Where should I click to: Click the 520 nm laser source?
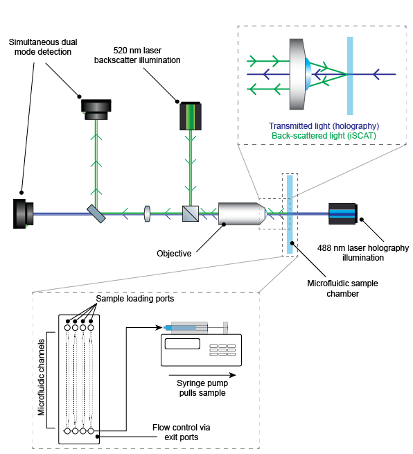(x=191, y=116)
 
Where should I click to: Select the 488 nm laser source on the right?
(x=343, y=213)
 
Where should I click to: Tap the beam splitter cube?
(x=191, y=213)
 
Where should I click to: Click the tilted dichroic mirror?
(x=96, y=213)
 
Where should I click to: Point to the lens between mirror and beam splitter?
(x=147, y=213)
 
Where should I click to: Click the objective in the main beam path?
(x=243, y=213)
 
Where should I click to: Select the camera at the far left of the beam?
(x=23, y=213)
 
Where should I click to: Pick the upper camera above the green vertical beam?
(x=96, y=110)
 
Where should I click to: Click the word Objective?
(x=174, y=254)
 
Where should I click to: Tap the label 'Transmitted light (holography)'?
(x=324, y=126)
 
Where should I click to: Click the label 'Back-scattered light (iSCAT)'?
(x=324, y=135)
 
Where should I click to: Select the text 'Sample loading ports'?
(x=135, y=299)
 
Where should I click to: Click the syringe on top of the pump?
(x=195, y=328)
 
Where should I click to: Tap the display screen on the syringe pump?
(x=182, y=344)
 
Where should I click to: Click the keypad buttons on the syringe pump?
(x=222, y=350)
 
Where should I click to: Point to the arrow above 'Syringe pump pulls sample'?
(x=202, y=375)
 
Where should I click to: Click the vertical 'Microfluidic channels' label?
(x=42, y=377)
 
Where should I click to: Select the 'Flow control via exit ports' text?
(x=181, y=433)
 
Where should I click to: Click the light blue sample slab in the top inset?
(x=350, y=76)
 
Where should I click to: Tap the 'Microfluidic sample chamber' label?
(x=343, y=288)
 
